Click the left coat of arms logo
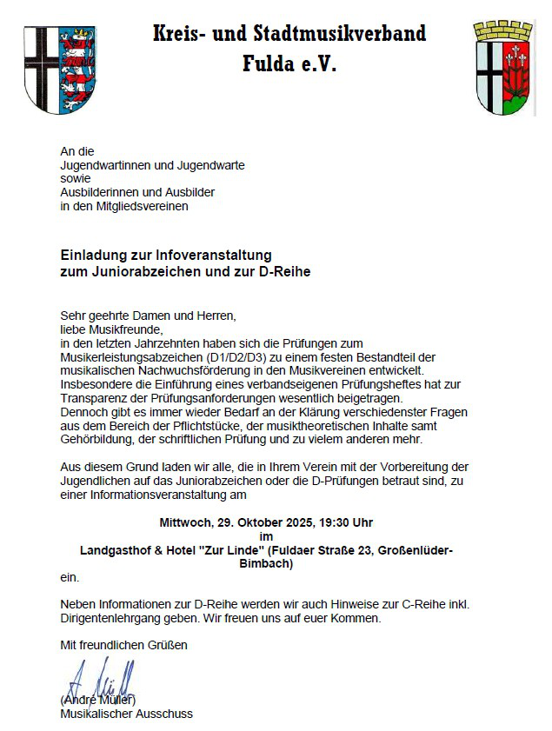(60, 68)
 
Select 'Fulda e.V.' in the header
(289, 64)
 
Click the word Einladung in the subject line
(91, 256)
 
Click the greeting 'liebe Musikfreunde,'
(110, 329)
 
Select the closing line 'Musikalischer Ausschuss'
(127, 714)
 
